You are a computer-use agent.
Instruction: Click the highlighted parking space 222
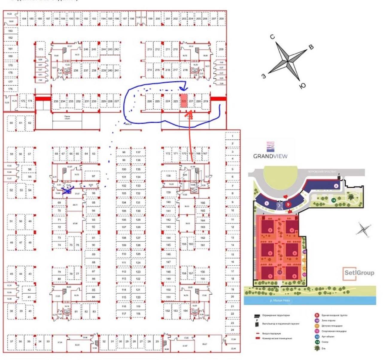coord(184,101)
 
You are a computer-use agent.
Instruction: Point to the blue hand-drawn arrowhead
coord(183,88)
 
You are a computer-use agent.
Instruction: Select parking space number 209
coord(221,49)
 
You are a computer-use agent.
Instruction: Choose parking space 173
coord(41,49)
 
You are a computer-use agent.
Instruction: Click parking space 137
coord(138,152)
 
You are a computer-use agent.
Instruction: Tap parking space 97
coord(93,176)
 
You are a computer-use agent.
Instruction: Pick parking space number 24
coord(232,330)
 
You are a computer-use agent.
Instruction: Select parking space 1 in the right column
coord(232,136)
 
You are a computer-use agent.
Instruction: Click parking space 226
coord(150,101)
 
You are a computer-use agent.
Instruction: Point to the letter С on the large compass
coord(272,37)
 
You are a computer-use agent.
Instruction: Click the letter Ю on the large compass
coord(303,86)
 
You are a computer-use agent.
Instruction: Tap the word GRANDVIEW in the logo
coord(270,156)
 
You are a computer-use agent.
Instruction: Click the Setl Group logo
coord(358,273)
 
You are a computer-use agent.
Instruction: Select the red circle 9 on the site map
coord(288,205)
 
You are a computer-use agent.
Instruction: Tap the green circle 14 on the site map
coord(333,200)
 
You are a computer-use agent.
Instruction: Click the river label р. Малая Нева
coord(280,300)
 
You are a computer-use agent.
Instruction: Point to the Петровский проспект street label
coord(322,172)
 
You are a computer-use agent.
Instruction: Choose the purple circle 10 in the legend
coord(317,320)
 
